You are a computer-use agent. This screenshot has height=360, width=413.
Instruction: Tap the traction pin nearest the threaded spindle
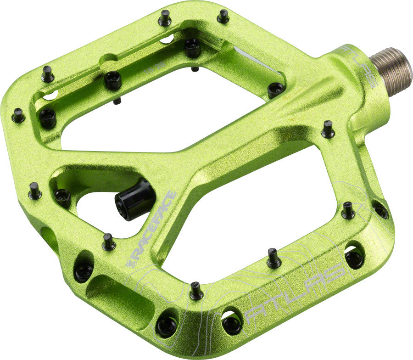point(327,129)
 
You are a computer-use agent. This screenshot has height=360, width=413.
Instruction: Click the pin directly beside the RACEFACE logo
point(108,242)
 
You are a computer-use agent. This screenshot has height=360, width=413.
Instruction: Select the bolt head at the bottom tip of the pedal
point(166,326)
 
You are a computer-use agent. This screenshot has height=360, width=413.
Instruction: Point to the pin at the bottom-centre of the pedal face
point(196,291)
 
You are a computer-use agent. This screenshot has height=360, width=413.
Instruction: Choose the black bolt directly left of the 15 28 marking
point(112,80)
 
